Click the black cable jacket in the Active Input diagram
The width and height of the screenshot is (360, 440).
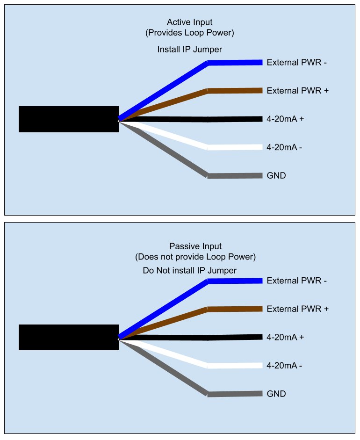(69, 119)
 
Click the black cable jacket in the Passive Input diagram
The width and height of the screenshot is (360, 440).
(69, 337)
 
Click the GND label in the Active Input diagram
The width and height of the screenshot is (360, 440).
(276, 176)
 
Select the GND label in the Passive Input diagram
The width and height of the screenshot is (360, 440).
(276, 394)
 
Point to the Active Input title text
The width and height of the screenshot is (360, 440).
(190, 22)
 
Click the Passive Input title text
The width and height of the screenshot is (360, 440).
(195, 246)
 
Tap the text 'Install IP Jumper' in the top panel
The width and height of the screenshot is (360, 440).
(190, 50)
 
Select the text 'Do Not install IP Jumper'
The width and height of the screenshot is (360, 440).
(190, 271)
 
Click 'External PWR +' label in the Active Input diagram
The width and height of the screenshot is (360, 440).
(297, 91)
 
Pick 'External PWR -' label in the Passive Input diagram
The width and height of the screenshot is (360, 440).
(296, 281)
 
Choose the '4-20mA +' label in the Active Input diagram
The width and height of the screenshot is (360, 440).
(285, 119)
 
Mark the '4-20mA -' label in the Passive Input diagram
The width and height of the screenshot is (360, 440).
(284, 365)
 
